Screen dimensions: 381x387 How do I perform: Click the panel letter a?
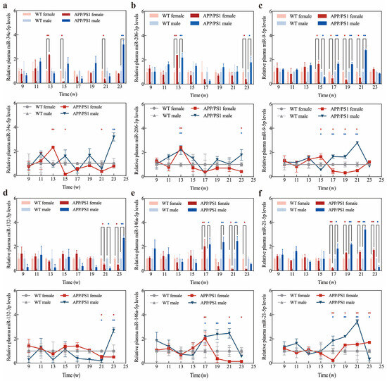[5, 5]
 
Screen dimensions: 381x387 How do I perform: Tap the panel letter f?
[262, 195]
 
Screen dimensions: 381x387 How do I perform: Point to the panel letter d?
[5, 195]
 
